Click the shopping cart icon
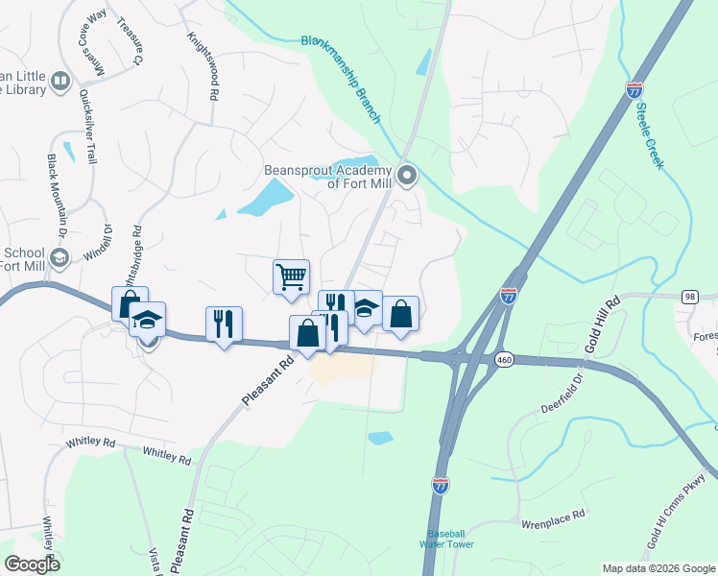pyautogui.click(x=291, y=276)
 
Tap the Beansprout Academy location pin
pyautogui.click(x=408, y=175)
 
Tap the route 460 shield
pyautogui.click(x=503, y=359)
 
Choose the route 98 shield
pyautogui.click(x=690, y=298)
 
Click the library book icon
pyautogui.click(x=60, y=82)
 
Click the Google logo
pyautogui.click(x=32, y=564)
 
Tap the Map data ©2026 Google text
pyautogui.click(x=658, y=568)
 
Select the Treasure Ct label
pyautogui.click(x=130, y=41)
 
